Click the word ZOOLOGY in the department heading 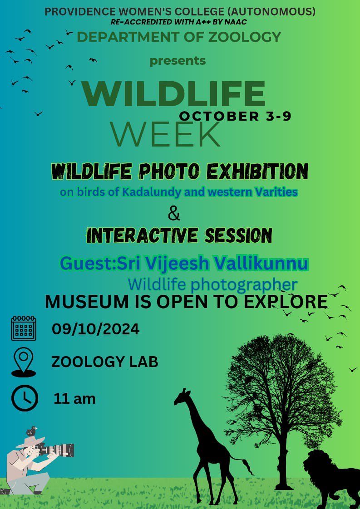coord(245,37)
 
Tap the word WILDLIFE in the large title coord(174,94)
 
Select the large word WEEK coord(165,134)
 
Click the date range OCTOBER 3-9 coord(235,116)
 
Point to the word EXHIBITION coord(257,171)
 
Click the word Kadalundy coord(152,192)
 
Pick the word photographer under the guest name coord(244,285)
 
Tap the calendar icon coord(24,328)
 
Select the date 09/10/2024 coord(95,329)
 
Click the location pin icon coord(24,362)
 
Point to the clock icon coord(25,398)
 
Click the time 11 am coord(74,399)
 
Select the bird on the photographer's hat coord(31,431)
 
